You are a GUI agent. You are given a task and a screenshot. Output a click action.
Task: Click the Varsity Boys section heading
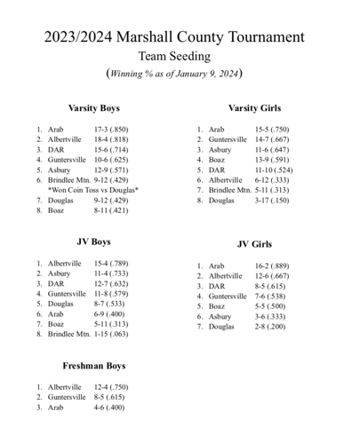point(95,108)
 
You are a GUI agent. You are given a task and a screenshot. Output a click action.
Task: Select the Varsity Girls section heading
point(254,108)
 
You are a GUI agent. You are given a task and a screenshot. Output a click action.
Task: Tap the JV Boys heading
point(94,242)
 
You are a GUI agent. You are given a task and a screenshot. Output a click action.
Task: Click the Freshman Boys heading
point(94,366)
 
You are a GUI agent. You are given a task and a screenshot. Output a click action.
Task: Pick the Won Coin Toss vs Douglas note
point(95,190)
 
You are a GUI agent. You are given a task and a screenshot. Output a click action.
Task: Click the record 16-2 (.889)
point(273,266)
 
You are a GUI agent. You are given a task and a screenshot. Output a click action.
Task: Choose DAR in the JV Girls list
point(216,286)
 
